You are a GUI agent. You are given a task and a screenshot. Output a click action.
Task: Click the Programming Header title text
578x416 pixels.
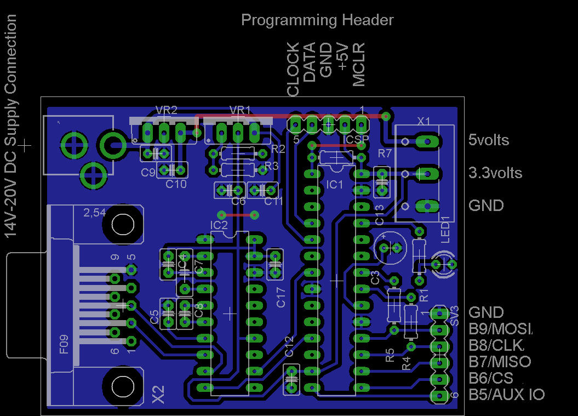(317, 20)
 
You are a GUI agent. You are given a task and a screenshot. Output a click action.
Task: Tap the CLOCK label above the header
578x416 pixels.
(294, 70)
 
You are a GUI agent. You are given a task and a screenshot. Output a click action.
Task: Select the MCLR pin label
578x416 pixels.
(359, 66)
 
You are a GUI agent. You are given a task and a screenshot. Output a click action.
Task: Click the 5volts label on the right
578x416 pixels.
(489, 140)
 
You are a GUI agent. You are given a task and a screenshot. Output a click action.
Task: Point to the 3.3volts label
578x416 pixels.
(495, 173)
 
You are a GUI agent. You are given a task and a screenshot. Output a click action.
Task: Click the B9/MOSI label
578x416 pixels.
(500, 329)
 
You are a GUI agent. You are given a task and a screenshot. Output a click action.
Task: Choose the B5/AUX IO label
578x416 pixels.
(506, 394)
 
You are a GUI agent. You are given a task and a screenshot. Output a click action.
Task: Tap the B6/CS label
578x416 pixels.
(491, 378)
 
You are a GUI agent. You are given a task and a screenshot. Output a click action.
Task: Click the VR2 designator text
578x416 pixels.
(166, 110)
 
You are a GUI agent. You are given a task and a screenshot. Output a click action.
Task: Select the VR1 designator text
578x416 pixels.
(240, 110)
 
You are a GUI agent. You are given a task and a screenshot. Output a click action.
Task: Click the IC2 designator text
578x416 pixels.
(219, 225)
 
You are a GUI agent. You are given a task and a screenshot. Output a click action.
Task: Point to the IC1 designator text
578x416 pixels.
(334, 185)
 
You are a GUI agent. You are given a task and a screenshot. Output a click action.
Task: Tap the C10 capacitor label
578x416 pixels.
(176, 184)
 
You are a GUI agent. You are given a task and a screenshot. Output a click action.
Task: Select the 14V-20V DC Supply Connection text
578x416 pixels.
(10, 126)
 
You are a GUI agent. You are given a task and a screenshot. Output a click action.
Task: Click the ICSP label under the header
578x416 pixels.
(356, 140)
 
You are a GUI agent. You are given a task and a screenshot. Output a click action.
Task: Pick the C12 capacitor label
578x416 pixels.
(289, 347)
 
